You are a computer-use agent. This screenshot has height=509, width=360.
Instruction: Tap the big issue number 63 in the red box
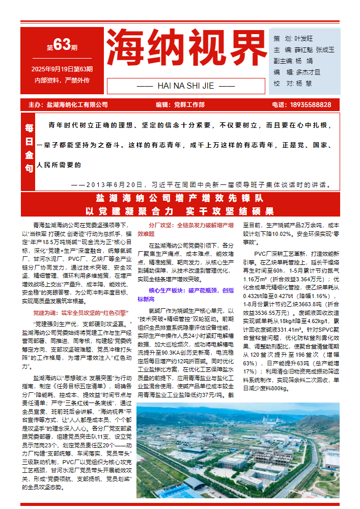point(62,46)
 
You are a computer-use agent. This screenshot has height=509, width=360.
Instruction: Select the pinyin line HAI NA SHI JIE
point(186,86)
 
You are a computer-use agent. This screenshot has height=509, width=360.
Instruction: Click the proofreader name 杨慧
point(304,83)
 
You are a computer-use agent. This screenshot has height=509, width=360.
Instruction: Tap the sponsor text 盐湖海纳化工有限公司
point(77,105)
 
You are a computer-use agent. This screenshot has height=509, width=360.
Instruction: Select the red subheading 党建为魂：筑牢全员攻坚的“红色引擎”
point(80,312)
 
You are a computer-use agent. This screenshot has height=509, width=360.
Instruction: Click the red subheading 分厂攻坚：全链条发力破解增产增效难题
point(185,229)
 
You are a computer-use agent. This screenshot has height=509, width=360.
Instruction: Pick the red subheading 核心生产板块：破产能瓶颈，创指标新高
point(185,294)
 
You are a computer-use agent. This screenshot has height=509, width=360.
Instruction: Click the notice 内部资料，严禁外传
point(62,81)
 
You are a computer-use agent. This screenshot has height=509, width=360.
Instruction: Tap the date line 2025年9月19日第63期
point(62,69)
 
